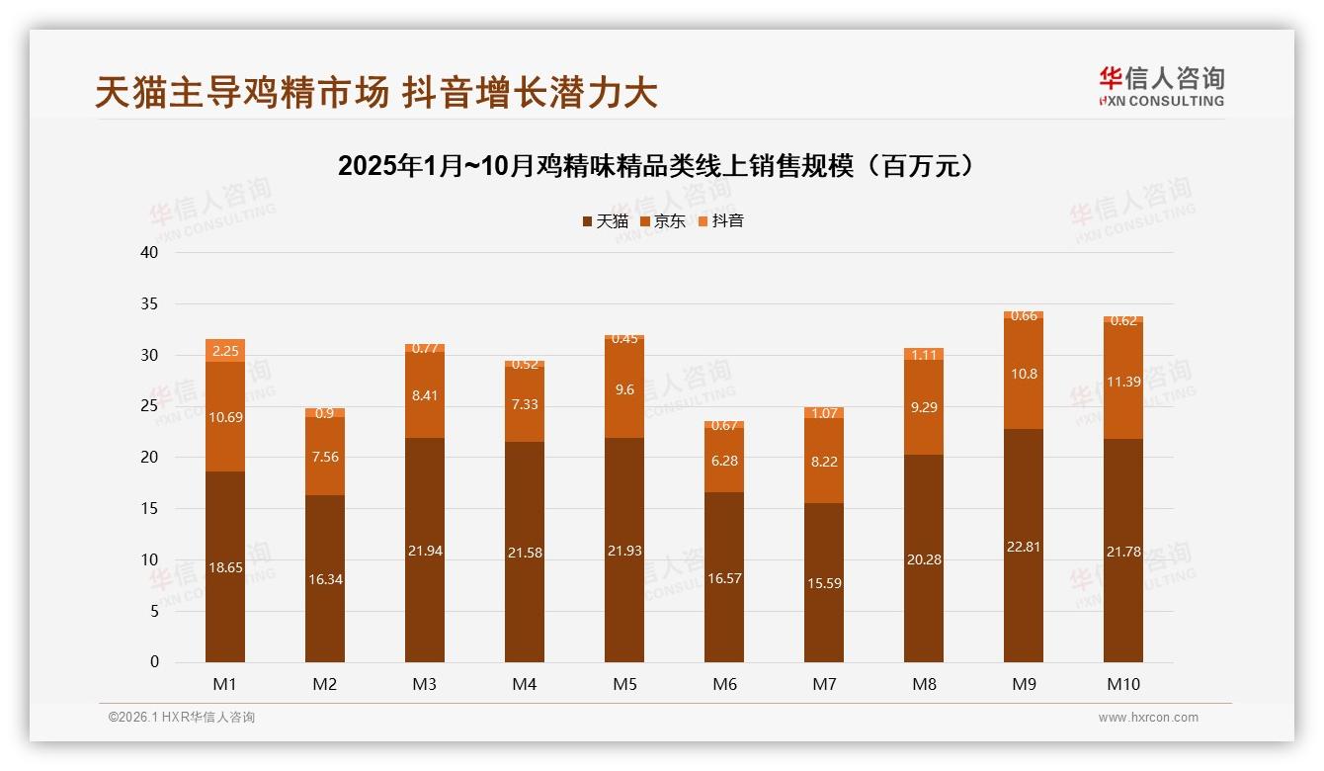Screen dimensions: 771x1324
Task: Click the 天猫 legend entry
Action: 605,221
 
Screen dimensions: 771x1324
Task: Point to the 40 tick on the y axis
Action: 149,252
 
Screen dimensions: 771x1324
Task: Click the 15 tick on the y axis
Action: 149,508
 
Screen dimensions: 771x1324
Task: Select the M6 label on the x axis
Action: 724,684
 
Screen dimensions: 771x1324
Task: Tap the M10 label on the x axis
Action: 1122,684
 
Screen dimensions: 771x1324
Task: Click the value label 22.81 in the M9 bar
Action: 1024,547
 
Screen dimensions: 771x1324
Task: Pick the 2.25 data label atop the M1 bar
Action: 225,351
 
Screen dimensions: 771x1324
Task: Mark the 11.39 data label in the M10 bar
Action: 1123,382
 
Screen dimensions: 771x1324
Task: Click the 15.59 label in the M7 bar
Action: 824,583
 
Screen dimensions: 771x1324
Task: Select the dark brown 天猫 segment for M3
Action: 425,593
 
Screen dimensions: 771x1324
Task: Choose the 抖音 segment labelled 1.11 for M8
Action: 924,354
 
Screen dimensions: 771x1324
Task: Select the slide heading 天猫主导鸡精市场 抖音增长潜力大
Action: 376,93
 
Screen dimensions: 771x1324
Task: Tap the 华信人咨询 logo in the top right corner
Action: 1161,86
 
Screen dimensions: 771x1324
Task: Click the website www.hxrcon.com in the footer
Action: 1148,718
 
